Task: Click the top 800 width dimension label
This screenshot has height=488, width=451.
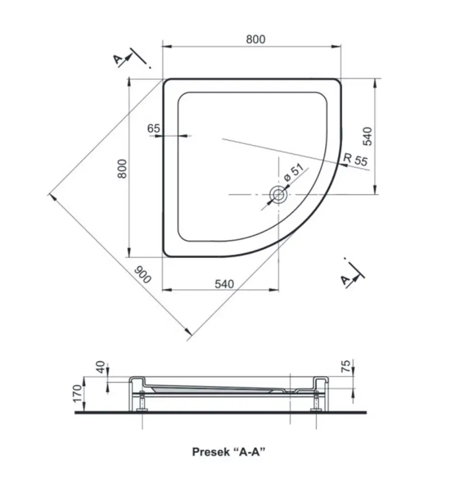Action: click(256, 39)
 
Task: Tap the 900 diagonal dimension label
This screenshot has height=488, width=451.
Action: click(143, 275)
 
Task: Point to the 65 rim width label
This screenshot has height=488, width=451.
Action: click(153, 128)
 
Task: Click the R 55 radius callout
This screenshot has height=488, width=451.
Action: click(355, 159)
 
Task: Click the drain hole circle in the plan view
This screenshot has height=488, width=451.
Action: click(278, 195)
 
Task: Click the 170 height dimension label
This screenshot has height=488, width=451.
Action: click(78, 393)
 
